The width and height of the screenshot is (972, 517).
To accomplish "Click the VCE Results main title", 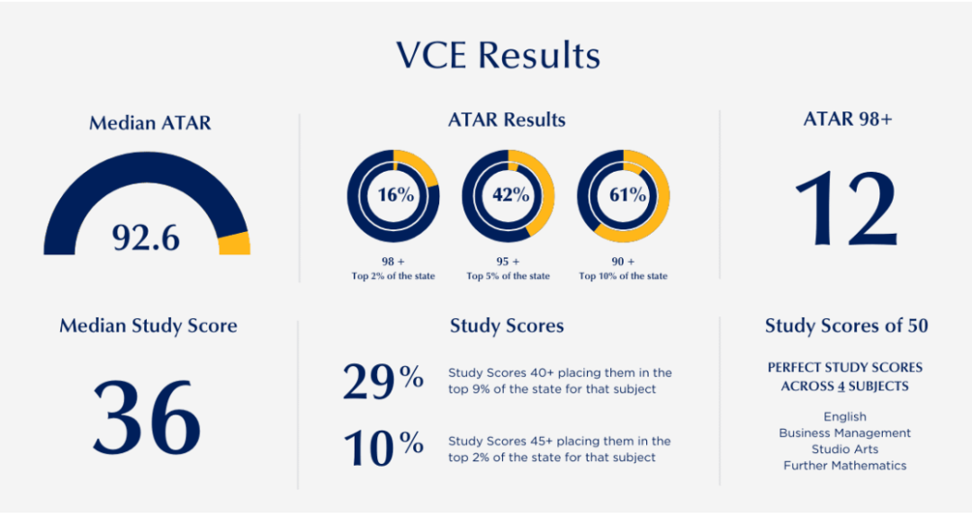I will pyautogui.click(x=498, y=56).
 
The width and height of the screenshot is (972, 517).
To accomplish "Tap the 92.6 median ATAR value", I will pyautogui.click(x=146, y=237).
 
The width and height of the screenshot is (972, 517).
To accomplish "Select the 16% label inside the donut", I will pyautogui.click(x=393, y=194).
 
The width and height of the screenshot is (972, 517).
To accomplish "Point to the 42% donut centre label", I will pyautogui.click(x=508, y=194).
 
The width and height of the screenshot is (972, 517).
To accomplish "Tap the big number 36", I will pyautogui.click(x=147, y=416).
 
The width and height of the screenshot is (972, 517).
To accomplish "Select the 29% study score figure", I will pyautogui.click(x=382, y=381).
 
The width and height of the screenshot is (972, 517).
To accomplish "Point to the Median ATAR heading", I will pyautogui.click(x=149, y=123).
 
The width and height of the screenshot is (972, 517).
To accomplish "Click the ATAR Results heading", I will pyautogui.click(x=507, y=120).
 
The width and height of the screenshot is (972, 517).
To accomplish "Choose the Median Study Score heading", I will pyautogui.click(x=148, y=325).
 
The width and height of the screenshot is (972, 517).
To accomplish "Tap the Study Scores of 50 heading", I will pyautogui.click(x=846, y=325).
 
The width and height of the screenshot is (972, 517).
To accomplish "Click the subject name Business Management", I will pyautogui.click(x=845, y=433).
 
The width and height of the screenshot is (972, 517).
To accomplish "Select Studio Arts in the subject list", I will pyautogui.click(x=845, y=450).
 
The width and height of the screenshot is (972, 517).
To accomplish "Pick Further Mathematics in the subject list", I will pyautogui.click(x=845, y=466).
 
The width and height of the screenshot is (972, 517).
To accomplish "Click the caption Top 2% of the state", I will pyautogui.click(x=393, y=276).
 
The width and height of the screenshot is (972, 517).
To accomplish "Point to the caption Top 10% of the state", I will pyautogui.click(x=623, y=276).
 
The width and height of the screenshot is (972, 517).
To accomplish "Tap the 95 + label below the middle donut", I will pyautogui.click(x=508, y=262).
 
